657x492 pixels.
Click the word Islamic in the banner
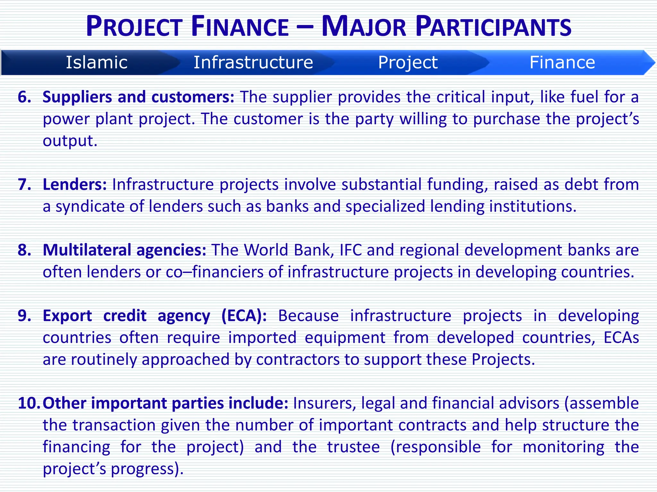tap(97, 62)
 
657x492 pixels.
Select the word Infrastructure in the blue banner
tap(253, 62)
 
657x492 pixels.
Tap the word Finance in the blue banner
tap(562, 62)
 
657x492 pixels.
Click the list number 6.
tap(24, 97)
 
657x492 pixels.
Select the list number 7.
tap(24, 184)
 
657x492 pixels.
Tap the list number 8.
tap(24, 250)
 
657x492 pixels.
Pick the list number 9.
tap(24, 316)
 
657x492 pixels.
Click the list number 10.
tap(29, 403)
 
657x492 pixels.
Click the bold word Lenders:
tap(75, 184)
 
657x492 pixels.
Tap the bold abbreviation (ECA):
tap(244, 316)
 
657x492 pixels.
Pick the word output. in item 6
tap(70, 141)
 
